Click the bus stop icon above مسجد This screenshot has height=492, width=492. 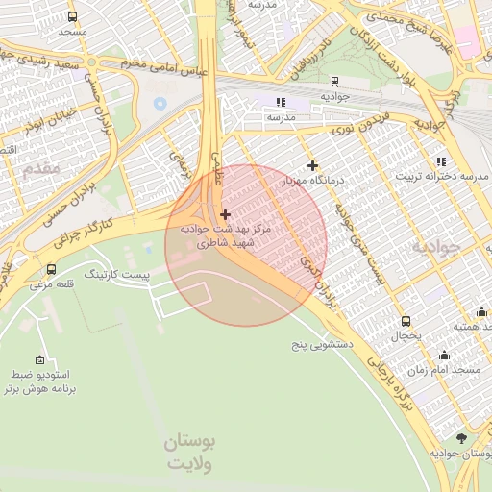click(x=73, y=16)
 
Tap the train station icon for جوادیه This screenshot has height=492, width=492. click(x=334, y=82)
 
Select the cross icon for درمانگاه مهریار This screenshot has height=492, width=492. click(x=312, y=165)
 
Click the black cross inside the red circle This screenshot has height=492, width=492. click(x=225, y=214)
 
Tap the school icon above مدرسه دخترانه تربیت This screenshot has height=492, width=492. click(x=441, y=161)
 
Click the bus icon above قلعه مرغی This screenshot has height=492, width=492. click(x=51, y=269)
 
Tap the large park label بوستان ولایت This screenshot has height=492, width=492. click(x=190, y=453)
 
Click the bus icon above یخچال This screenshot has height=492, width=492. click(x=406, y=322)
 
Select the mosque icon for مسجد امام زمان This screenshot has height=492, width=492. click(x=443, y=355)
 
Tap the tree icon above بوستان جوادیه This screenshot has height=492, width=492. click(x=461, y=437)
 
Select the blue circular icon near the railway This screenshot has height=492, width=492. click(x=160, y=102)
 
